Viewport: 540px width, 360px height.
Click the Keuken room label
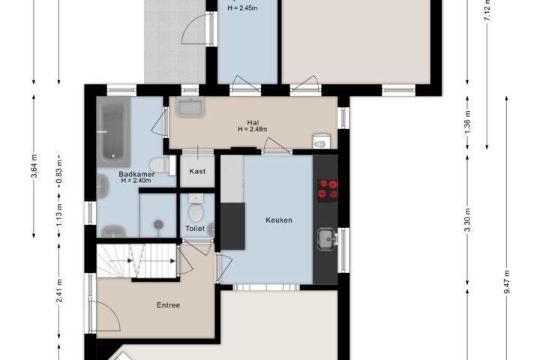[279, 220]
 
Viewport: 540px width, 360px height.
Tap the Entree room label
[169, 305]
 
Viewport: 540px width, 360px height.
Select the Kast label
[197, 171]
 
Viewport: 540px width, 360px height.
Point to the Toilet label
[195, 229]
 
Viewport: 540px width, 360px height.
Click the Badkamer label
[136, 174]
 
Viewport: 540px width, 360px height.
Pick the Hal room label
[253, 123]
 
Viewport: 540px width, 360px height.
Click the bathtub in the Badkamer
[113, 131]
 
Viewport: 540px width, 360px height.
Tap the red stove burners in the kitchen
[328, 189]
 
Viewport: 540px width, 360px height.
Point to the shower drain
[158, 224]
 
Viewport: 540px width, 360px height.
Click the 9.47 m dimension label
[507, 282]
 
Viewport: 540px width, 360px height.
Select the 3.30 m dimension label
[467, 220]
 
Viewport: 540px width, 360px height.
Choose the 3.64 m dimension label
[34, 166]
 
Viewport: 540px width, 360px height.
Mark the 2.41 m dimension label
[59, 291]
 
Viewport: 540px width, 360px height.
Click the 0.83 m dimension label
[59, 171]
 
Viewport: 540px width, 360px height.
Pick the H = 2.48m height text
[253, 129]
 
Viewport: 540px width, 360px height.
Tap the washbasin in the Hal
[190, 106]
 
